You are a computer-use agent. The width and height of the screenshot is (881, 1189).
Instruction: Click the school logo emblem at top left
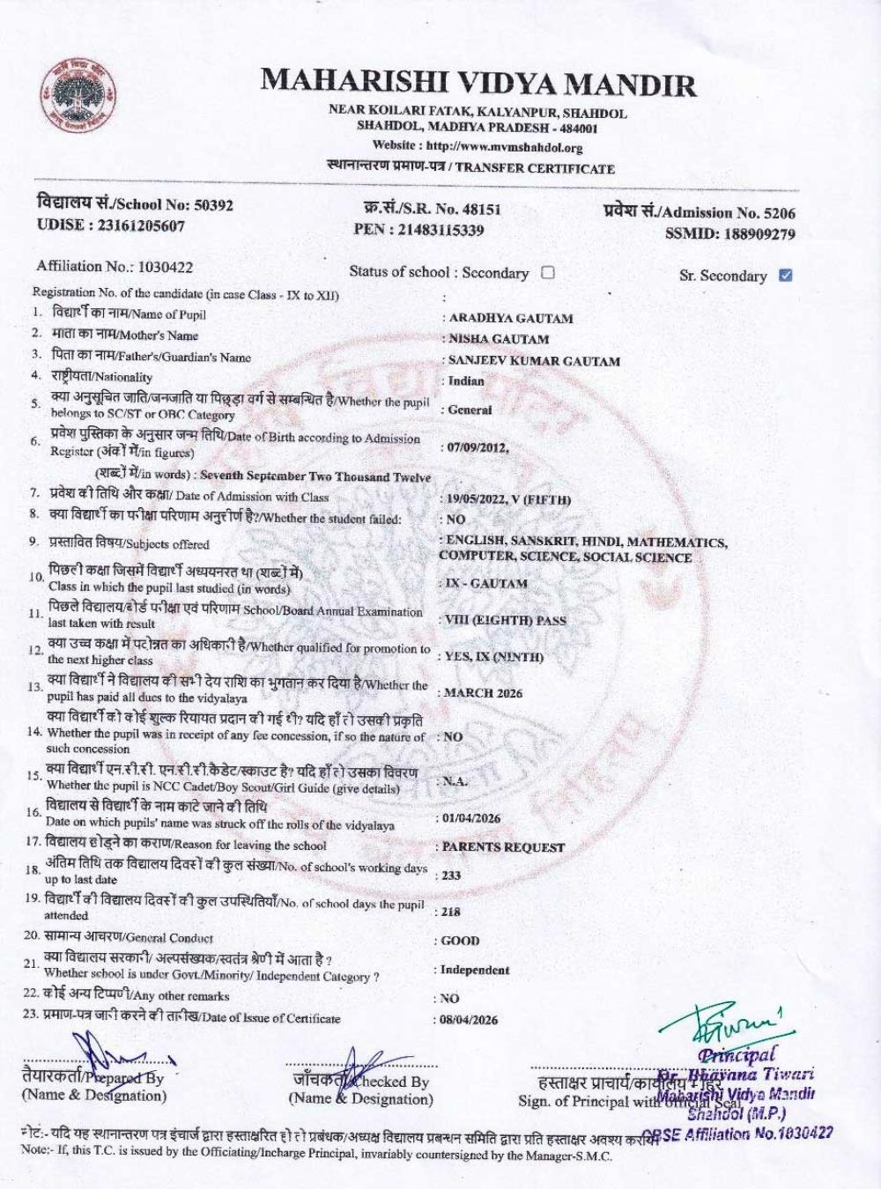click(x=78, y=97)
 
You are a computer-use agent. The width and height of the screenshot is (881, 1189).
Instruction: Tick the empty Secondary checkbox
click(x=547, y=272)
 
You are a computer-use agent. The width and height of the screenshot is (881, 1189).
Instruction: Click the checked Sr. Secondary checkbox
click(x=786, y=275)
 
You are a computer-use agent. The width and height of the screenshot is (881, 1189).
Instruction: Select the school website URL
click(x=503, y=147)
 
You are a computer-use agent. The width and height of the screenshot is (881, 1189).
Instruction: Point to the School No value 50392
click(x=214, y=205)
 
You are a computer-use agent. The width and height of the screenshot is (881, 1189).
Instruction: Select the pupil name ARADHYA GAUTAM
click(x=511, y=318)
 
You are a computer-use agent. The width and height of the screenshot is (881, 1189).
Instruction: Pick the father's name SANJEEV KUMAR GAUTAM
click(x=534, y=361)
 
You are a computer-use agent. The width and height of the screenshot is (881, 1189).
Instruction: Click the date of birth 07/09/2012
click(x=477, y=447)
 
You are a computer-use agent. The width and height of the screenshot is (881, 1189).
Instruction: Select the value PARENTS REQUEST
click(x=503, y=847)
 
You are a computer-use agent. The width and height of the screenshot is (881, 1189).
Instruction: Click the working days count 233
click(x=451, y=875)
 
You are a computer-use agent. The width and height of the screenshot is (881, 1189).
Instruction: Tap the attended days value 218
click(x=451, y=912)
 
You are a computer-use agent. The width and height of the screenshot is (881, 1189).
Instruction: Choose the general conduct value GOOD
click(x=460, y=941)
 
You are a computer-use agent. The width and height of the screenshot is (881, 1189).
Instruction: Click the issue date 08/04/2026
click(x=470, y=1020)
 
